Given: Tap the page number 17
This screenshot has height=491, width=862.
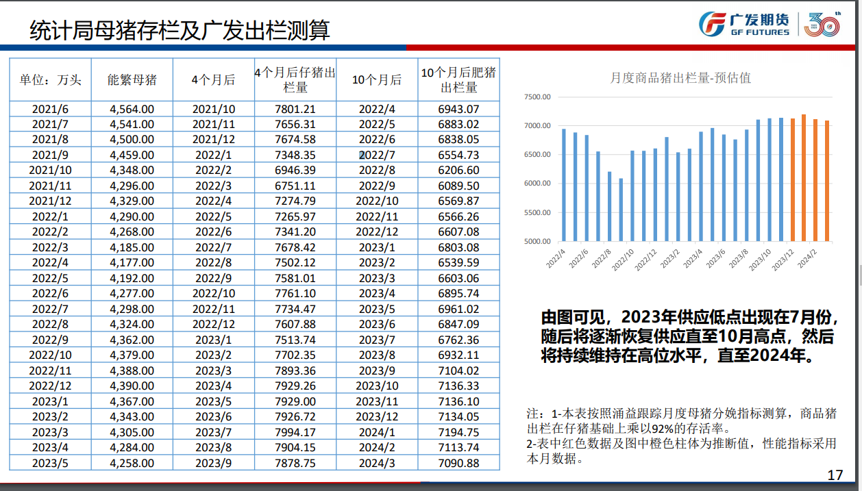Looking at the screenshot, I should (x=835, y=475).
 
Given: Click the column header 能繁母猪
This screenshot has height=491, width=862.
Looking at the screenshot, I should (x=132, y=79).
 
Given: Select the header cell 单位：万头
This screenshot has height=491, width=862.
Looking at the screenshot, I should (x=50, y=79).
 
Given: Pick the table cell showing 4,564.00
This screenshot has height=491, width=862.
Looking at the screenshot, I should (x=132, y=109).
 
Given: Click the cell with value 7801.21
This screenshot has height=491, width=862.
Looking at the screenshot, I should (x=295, y=109).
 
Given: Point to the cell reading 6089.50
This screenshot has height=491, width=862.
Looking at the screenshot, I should (x=458, y=186).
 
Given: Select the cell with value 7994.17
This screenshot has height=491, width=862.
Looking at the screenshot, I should (x=295, y=432).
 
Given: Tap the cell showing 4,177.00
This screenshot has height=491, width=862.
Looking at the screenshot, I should (x=132, y=262).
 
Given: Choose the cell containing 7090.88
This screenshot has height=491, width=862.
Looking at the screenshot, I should (x=458, y=463).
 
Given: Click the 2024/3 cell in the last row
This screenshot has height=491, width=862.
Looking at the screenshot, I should (x=377, y=463).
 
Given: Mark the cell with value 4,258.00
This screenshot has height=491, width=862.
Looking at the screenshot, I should (x=132, y=463).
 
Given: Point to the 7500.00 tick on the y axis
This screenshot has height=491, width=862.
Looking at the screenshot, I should (x=537, y=97).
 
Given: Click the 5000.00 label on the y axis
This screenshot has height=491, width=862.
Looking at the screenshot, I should (x=537, y=241).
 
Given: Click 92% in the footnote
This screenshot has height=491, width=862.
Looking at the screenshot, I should (x=663, y=429).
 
